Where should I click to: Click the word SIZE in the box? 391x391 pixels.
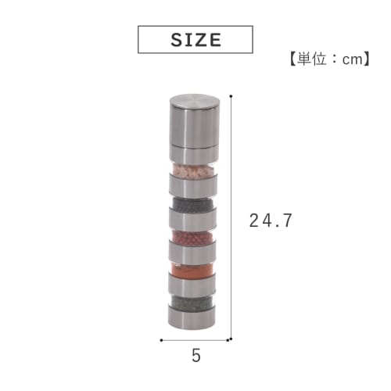coord(195,40)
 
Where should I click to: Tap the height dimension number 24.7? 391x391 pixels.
coord(271,221)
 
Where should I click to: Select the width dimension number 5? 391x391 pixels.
coord(195,356)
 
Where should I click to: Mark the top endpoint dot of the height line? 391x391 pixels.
coord(232,96)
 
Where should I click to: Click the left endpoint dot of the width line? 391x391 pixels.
coord(161,341)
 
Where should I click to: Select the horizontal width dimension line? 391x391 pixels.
coord(195,341)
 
